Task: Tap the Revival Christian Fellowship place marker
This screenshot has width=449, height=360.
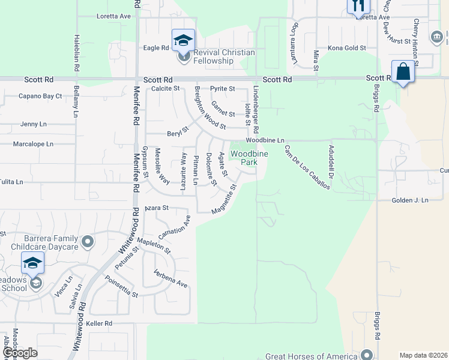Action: (184, 58)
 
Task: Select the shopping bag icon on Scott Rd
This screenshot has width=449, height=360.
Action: (403, 71)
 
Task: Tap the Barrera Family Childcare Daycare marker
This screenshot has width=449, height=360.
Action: (88, 242)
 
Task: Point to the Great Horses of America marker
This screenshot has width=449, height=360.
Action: (367, 354)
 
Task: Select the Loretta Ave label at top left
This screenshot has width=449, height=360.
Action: (113, 16)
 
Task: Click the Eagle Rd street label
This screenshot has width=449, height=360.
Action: (155, 48)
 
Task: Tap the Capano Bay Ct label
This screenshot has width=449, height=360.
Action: (40, 96)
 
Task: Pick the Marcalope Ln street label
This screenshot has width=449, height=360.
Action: (34, 144)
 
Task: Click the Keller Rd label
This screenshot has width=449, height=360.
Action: (99, 323)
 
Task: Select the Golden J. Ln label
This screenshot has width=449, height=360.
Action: (410, 200)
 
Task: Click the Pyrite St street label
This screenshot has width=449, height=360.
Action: (222, 88)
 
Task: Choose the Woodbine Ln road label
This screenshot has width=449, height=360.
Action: (264, 140)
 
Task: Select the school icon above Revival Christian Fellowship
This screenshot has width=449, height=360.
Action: (183, 40)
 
